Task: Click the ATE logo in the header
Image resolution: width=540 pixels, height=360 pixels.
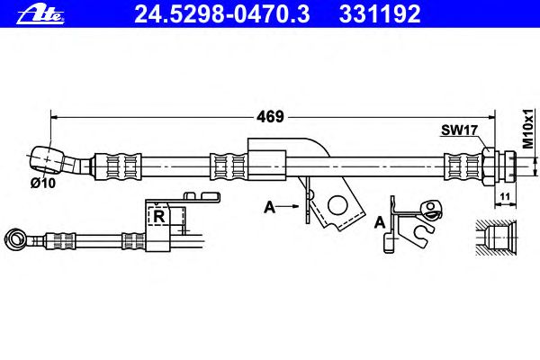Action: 40,15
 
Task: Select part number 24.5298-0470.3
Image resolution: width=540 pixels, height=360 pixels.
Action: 222,13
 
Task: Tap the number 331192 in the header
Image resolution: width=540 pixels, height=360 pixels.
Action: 380,13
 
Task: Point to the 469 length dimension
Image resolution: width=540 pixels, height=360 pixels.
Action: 270,117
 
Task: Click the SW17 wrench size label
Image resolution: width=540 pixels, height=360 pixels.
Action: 459,130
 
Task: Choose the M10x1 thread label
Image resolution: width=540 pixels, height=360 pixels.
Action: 527,128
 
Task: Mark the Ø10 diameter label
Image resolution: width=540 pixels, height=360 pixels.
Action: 42,183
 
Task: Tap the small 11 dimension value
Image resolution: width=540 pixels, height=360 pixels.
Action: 505,196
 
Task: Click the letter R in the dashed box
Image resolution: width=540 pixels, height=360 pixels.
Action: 158,216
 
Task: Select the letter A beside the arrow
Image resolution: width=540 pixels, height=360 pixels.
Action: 270,207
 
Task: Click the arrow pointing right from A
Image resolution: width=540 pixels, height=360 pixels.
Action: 288,206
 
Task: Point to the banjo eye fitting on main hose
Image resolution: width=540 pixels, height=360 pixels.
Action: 47,160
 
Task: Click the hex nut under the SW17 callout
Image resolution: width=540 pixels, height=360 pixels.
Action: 489,166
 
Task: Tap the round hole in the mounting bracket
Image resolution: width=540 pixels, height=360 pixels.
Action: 337,205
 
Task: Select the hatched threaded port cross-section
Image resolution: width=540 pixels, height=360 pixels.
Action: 496,238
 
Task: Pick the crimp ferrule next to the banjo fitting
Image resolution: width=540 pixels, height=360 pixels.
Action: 117,166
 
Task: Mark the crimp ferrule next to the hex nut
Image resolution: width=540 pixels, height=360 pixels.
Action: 463,166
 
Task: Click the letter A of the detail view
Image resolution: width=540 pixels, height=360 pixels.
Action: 380,222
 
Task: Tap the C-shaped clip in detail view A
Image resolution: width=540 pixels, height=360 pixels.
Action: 422,235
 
